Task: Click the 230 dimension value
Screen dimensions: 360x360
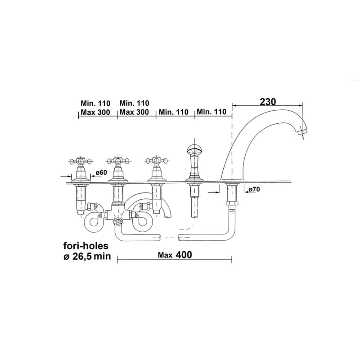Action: click(268, 102)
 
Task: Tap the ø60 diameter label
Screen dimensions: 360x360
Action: click(101, 172)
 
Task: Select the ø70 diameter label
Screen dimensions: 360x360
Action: click(254, 189)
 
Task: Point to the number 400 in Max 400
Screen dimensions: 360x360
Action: click(184, 255)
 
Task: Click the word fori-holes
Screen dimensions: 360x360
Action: click(86, 246)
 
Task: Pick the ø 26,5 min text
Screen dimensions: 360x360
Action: click(87, 256)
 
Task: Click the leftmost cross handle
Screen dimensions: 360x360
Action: click(81, 161)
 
